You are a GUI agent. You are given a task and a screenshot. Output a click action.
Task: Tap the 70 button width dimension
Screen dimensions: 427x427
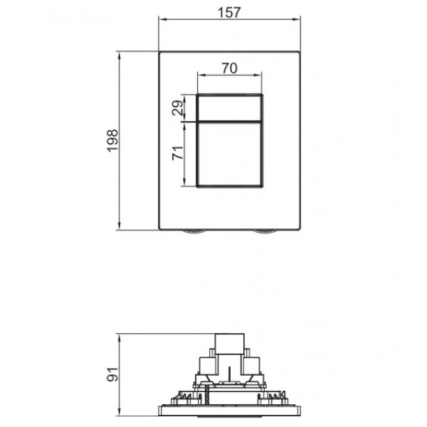[x=229, y=69]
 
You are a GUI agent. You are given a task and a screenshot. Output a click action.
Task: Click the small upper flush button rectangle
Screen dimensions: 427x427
[x=230, y=107]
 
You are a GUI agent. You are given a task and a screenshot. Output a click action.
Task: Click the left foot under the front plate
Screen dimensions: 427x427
[x=192, y=232]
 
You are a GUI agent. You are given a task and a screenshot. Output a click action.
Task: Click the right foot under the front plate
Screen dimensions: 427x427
[x=265, y=232]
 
